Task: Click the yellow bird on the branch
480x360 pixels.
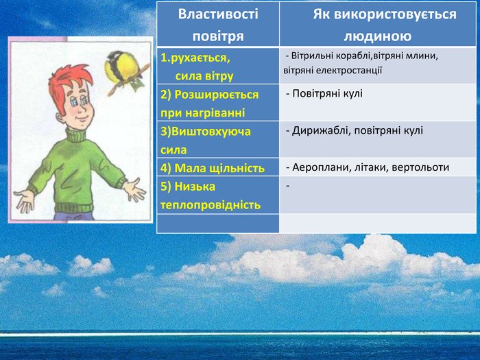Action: (x=123, y=69)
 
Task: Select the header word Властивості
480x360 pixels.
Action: (x=218, y=14)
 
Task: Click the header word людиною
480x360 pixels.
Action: (x=378, y=36)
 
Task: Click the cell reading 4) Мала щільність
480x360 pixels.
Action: (x=213, y=168)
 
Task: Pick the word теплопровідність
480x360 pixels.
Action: (x=211, y=205)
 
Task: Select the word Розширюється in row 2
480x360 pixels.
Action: (x=217, y=95)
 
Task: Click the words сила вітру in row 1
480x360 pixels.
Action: (x=204, y=76)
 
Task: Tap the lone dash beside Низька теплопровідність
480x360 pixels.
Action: (x=288, y=186)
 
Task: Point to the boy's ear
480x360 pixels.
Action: (x=60, y=118)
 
